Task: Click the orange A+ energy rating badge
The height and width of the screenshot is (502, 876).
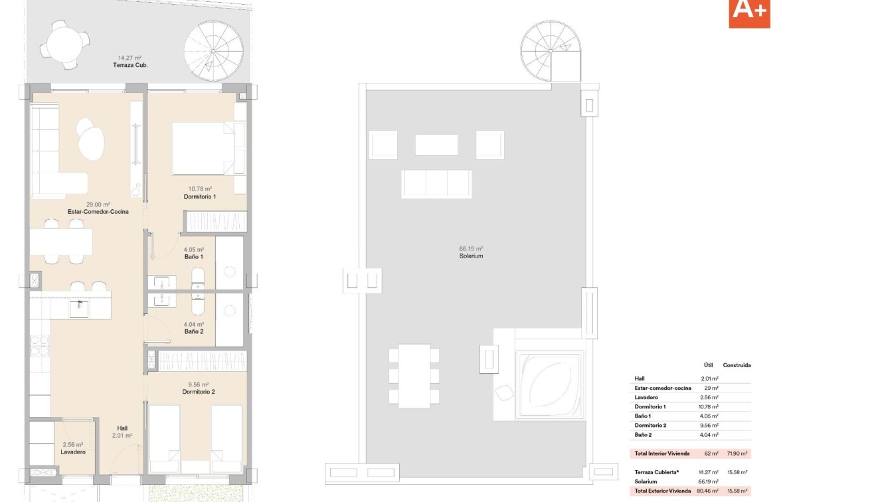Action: point(749,13)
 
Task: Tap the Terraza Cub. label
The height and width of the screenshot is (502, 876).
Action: point(130,65)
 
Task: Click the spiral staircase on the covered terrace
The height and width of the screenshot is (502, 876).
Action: point(213,51)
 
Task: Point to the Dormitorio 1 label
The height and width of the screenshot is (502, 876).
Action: point(200,197)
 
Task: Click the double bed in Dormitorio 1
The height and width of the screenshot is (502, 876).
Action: point(204,148)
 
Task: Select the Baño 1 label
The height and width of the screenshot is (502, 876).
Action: point(194,256)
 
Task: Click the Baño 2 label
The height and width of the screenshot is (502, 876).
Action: point(194,331)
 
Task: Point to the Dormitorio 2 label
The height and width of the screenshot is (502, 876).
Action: point(199,392)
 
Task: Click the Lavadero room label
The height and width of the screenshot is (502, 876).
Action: point(74,452)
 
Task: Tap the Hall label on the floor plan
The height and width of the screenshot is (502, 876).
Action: point(122,428)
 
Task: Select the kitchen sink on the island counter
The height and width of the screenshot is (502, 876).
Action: point(79,309)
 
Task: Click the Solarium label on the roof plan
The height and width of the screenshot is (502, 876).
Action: point(471,256)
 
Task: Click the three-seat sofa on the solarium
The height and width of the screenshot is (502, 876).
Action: point(436,184)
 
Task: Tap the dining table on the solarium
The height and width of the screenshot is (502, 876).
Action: point(414,375)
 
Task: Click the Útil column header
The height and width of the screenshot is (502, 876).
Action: point(708,365)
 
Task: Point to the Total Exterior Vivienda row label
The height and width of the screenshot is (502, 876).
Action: point(663,491)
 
